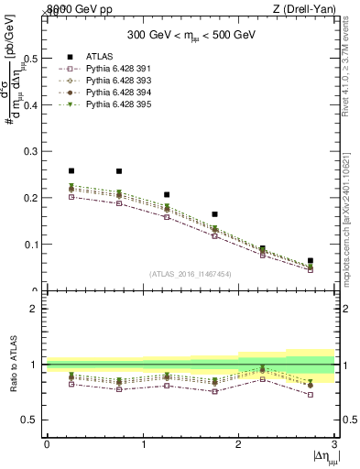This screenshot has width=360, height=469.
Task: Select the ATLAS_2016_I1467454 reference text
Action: [191, 273]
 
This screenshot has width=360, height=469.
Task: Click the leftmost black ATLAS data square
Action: [71, 170]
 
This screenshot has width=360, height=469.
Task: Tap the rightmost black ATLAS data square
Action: [311, 261]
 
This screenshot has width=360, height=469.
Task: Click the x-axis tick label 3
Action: [334, 444]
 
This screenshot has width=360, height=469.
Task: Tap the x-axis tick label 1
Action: [143, 444]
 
